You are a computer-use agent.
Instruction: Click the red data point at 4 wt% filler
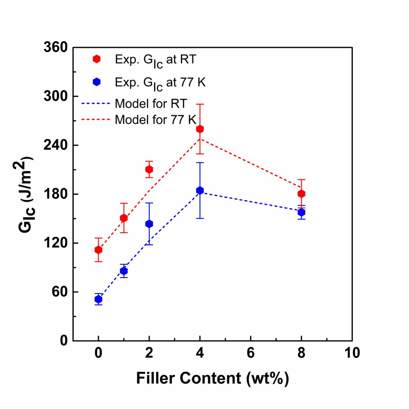200,129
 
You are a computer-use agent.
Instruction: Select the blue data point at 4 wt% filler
200,190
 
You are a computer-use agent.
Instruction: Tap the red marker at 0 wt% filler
98,250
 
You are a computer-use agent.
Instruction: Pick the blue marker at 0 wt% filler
98,299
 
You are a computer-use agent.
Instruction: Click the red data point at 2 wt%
149,169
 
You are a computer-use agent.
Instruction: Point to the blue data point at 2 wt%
149,224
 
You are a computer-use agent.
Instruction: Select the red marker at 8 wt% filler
301,194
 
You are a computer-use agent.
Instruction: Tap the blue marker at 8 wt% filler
301,212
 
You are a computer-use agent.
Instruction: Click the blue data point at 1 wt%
124,271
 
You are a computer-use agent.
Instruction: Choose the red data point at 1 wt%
124,218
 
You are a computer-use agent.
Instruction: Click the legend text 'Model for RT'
151,104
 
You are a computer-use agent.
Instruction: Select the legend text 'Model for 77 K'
155,120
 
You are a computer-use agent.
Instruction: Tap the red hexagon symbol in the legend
96,59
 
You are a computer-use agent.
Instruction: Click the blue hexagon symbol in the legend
96,82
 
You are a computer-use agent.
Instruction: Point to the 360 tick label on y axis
56,47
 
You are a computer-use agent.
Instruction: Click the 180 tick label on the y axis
56,194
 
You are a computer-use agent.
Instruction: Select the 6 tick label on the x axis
251,353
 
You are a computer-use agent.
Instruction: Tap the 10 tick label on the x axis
352,353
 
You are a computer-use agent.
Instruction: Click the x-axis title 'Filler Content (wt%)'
212,378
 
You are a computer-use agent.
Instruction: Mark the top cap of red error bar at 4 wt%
200,104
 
